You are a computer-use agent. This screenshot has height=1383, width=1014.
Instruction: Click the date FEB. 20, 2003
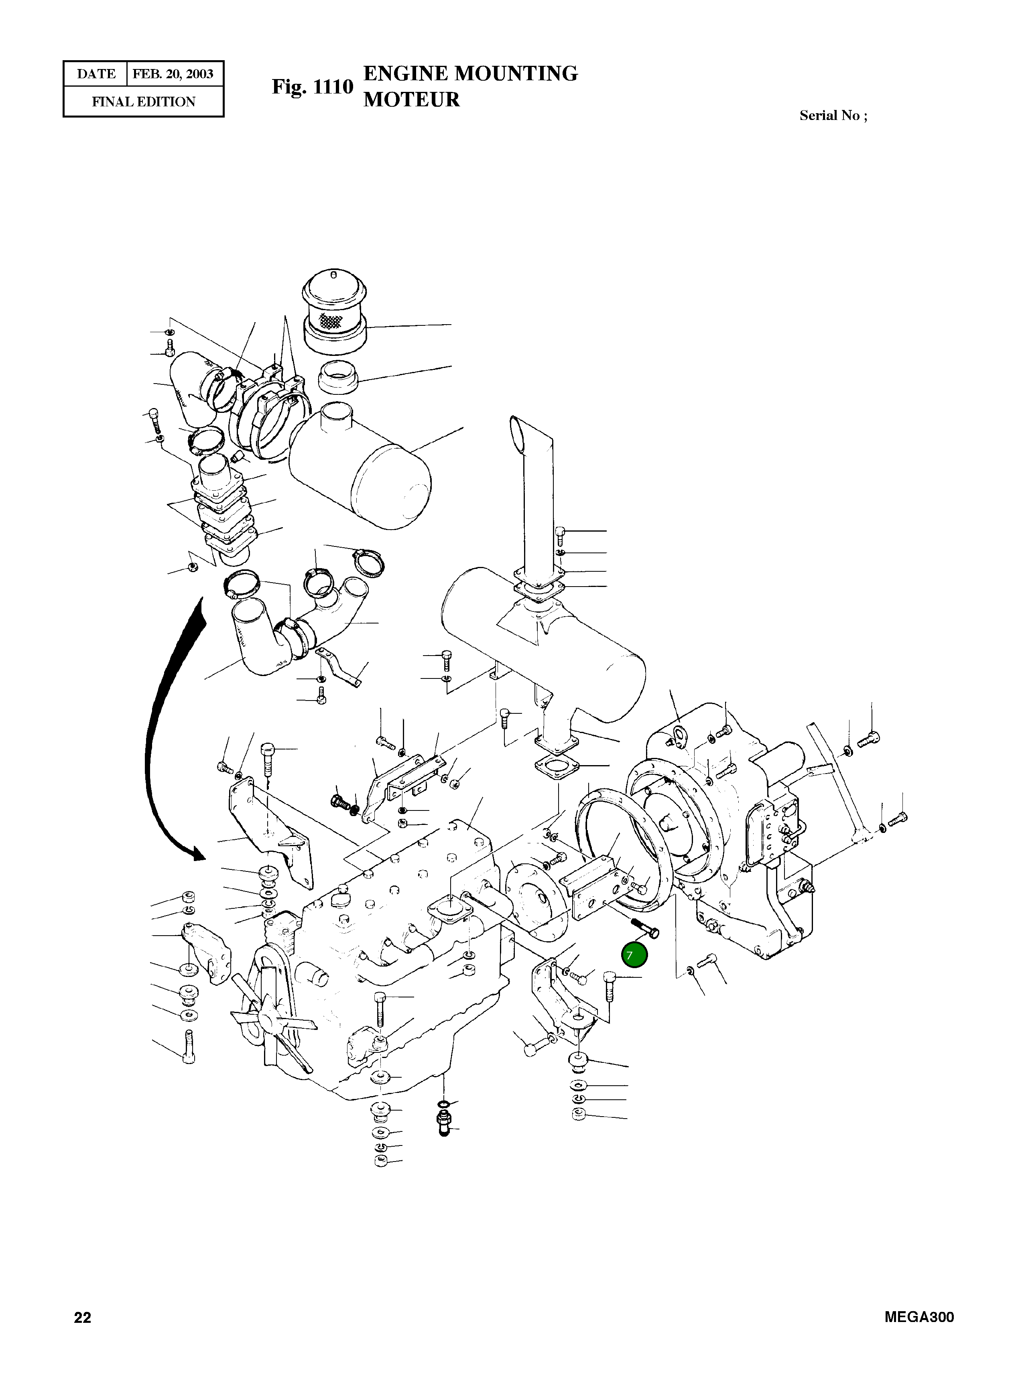(x=173, y=74)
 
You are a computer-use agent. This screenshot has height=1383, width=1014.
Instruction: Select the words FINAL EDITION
(x=144, y=102)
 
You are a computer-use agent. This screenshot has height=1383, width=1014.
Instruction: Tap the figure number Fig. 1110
(x=313, y=87)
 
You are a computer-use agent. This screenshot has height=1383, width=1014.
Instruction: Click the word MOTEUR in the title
(x=411, y=100)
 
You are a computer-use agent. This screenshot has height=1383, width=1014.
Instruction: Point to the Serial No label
(x=833, y=116)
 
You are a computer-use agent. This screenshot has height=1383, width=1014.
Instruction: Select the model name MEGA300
(x=919, y=1317)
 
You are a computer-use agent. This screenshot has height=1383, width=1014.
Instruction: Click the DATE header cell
(x=96, y=74)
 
